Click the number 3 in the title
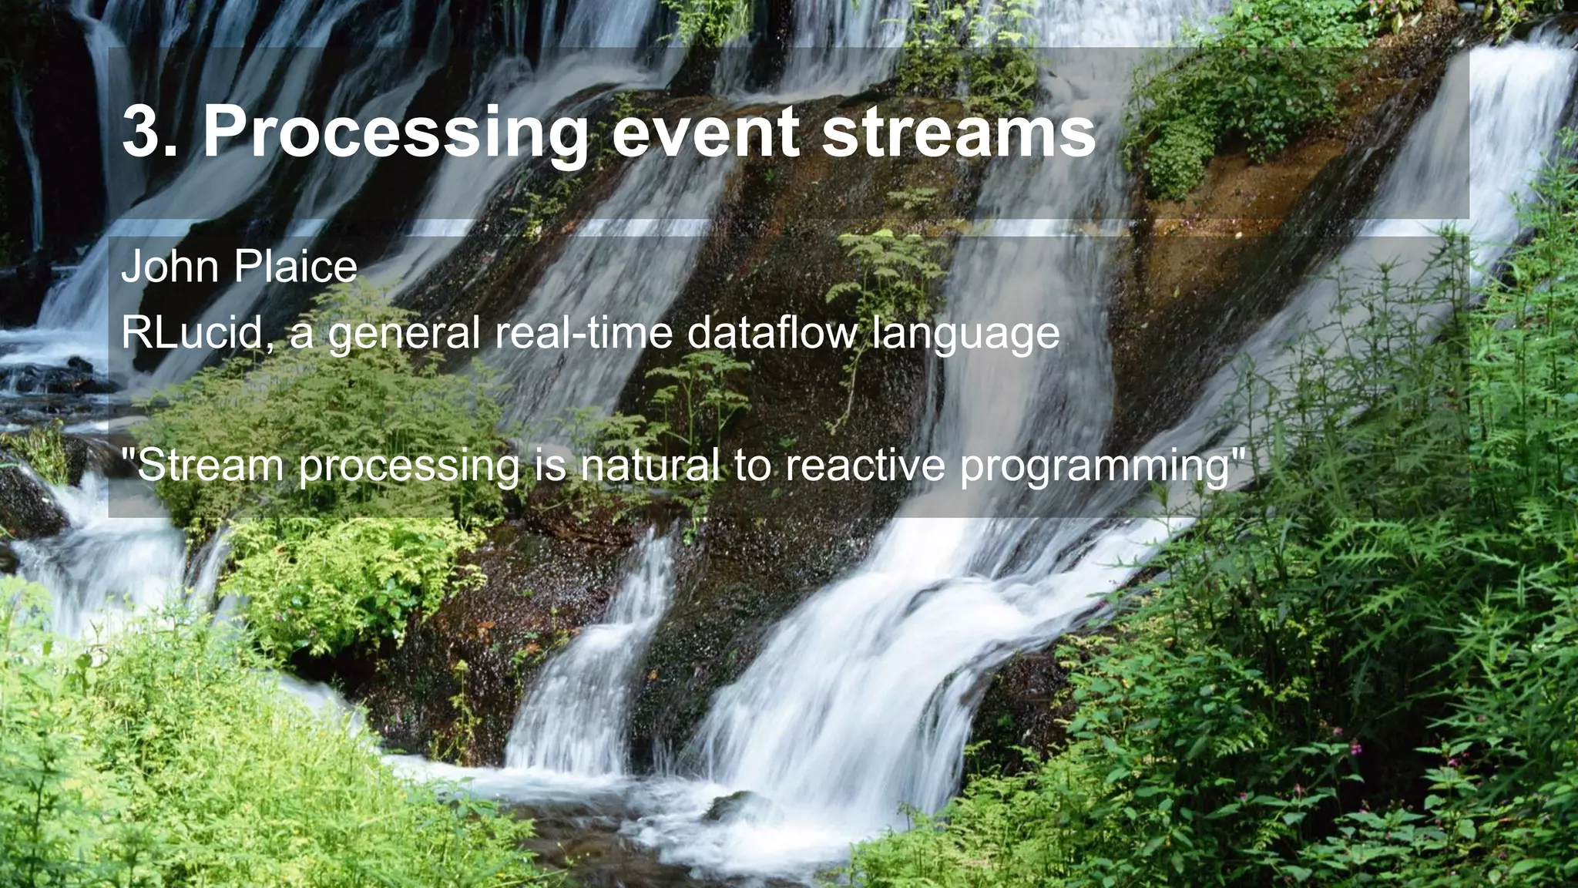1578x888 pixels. tap(143, 133)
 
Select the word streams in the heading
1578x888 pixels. tap(959, 133)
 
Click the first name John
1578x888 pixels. tap(170, 267)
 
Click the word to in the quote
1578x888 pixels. tap(752, 466)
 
